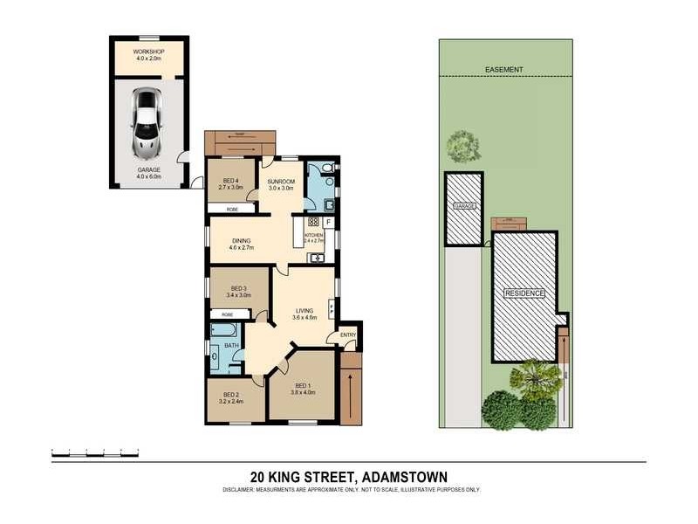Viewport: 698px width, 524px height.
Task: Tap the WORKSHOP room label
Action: tap(147, 52)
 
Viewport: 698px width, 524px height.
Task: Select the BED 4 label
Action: tap(230, 181)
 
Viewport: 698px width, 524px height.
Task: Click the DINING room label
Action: tap(242, 243)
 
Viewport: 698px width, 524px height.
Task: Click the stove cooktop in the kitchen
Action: tap(313, 222)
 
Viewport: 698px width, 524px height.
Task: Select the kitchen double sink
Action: tap(318, 258)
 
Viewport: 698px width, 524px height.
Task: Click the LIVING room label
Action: tap(304, 310)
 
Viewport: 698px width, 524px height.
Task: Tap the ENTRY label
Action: tap(347, 334)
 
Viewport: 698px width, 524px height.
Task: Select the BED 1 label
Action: tap(302, 386)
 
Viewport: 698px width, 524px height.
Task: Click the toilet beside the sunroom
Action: tap(325, 168)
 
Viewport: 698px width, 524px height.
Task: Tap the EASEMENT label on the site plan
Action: tap(505, 69)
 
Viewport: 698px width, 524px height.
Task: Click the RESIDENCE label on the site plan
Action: tap(524, 293)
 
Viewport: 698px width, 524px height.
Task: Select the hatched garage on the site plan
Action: tap(463, 208)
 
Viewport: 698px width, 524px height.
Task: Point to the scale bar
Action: tap(96, 453)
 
